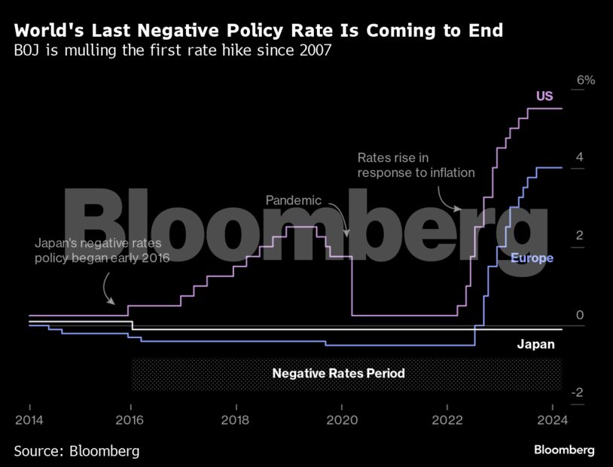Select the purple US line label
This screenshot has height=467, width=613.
coord(544,96)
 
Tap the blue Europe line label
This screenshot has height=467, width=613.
coord(532,258)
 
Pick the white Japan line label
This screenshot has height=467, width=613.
coord(535,345)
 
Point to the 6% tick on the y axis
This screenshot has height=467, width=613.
coord(586,80)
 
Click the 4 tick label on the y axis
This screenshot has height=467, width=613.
coord(579,157)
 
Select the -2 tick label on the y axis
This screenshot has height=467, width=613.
coord(578,393)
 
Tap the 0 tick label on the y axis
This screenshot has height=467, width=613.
coord(579,315)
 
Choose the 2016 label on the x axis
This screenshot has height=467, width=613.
coord(130,420)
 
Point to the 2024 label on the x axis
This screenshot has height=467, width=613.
coord(550,420)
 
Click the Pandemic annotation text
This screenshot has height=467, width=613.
coord(294,201)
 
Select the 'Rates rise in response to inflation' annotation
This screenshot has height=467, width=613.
coord(416,165)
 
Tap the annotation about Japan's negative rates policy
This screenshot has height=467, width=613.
coord(102,251)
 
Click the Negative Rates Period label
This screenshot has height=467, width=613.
coord(339,373)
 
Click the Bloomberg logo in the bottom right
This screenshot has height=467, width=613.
coord(564,450)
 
